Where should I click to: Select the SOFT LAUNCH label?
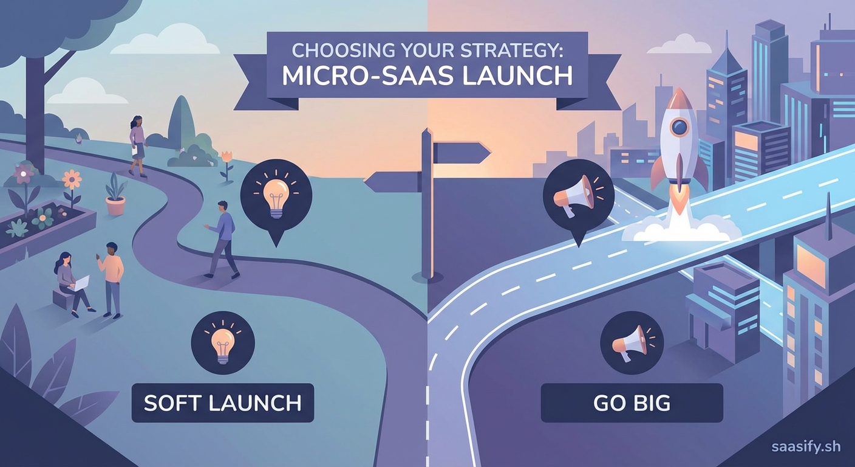point(222,403)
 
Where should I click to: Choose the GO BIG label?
point(632,403)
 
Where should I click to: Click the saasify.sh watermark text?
point(806,447)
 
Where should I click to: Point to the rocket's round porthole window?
point(680,127)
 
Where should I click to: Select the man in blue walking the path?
point(223,238)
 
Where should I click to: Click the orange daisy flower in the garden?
point(72,179)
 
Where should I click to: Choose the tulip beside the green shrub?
point(227,157)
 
